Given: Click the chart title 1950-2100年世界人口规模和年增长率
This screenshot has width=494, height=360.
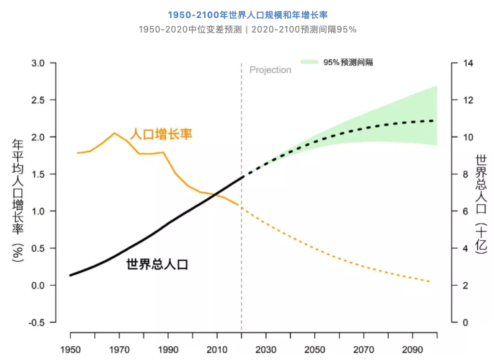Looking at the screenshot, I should (247, 14).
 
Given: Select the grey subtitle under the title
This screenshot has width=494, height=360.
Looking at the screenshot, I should (247, 30).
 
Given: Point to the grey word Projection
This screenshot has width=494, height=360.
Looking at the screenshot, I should (270, 70).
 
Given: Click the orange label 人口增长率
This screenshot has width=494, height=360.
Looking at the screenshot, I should (161, 134).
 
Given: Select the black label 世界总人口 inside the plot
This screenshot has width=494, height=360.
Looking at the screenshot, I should (157, 264).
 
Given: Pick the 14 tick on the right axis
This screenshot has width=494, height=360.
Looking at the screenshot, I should (467, 63).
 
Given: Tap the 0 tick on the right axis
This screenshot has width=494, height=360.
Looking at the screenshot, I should (464, 322).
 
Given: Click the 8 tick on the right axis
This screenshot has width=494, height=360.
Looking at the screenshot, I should (464, 175).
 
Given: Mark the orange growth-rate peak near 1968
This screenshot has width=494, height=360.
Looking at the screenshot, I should (114, 133).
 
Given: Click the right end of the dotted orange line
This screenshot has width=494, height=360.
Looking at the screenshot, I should (431, 281).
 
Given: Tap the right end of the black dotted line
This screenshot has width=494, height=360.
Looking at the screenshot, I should (433, 120).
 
